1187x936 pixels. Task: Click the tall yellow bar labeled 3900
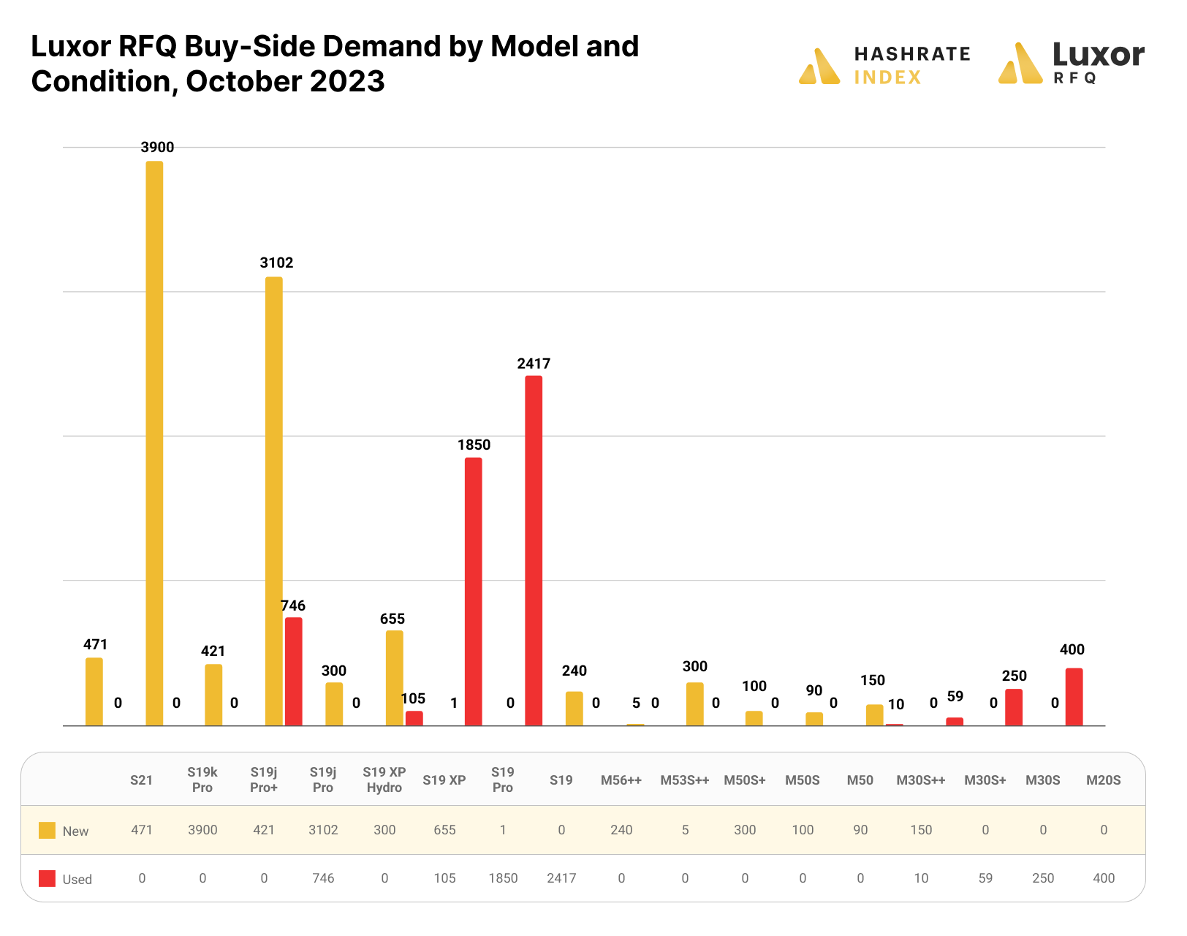point(154,443)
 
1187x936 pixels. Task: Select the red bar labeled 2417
point(534,551)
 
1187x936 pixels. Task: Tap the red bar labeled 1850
point(474,592)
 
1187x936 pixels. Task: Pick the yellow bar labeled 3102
point(274,501)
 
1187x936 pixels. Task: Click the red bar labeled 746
point(294,671)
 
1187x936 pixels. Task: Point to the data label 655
point(392,619)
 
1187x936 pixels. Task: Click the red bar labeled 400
point(1074,697)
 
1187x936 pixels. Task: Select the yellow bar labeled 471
point(94,692)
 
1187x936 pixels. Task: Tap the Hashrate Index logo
point(885,66)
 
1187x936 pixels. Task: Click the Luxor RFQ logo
point(1071,64)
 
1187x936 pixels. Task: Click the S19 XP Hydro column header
point(384,780)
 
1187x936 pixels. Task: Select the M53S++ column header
point(685,780)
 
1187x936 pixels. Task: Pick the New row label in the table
point(75,831)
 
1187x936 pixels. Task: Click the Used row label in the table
point(77,880)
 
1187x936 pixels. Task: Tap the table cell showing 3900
point(203,830)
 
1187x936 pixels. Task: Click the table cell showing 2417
point(561,878)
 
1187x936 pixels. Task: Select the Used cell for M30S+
point(985,878)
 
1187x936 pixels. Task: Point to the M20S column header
point(1103,780)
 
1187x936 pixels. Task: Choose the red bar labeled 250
point(1014,707)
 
